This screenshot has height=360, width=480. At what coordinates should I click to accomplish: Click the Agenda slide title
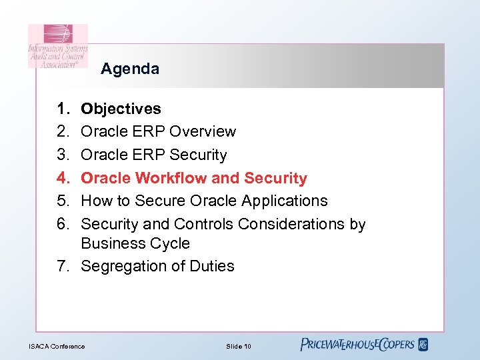[130, 69]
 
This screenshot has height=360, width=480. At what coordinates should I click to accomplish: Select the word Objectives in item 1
[121, 109]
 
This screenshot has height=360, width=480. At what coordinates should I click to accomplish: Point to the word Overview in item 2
[203, 131]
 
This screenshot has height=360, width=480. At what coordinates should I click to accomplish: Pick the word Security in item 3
[198, 155]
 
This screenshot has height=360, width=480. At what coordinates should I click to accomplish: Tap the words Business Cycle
[135, 243]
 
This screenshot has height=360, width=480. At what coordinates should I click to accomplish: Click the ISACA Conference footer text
[57, 346]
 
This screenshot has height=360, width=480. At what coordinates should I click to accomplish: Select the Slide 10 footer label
[238, 346]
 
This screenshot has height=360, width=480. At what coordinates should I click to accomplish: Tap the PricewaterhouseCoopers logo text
[357, 345]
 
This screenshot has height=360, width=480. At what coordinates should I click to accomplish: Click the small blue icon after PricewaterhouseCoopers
[423, 345]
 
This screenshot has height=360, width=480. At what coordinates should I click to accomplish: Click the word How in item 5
[95, 201]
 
